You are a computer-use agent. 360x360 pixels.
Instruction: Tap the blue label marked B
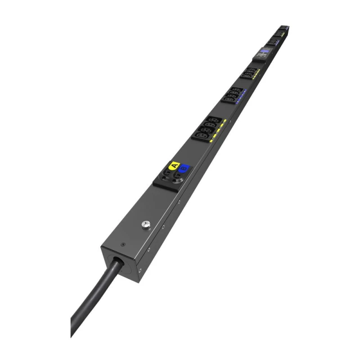[183, 170]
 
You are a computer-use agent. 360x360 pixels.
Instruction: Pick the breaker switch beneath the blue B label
[176, 180]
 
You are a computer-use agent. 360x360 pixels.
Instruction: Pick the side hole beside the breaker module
[179, 202]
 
